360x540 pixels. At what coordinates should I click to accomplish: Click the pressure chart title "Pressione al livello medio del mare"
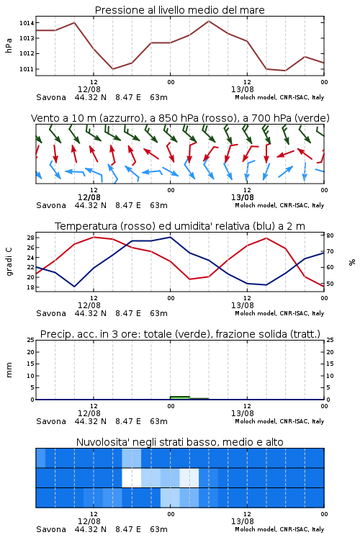click(x=179, y=10)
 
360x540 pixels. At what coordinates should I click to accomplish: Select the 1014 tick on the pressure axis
click(x=27, y=23)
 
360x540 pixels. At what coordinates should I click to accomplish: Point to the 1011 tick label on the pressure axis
click(x=27, y=69)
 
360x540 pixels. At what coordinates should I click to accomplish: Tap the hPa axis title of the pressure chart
click(x=9, y=45)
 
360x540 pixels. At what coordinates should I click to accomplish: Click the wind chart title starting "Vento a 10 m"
click(x=180, y=118)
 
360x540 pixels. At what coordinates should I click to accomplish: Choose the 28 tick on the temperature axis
click(x=30, y=238)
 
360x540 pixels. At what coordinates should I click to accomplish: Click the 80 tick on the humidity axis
click(x=330, y=235)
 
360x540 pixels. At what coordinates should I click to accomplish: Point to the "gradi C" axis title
click(x=9, y=261)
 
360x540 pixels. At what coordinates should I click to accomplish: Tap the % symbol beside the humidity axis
click(x=352, y=262)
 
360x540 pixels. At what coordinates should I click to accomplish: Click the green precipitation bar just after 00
click(x=180, y=397)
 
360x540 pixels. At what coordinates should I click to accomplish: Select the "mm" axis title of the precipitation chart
click(x=9, y=370)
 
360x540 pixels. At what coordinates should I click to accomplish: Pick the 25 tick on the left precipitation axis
click(x=30, y=340)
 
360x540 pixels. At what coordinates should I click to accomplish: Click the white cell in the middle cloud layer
click(x=132, y=477)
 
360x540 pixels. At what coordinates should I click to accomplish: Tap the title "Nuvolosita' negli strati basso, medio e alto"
click(x=179, y=442)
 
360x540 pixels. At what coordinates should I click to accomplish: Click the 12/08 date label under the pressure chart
click(x=89, y=89)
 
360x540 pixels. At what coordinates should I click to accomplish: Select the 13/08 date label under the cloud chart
click(x=243, y=521)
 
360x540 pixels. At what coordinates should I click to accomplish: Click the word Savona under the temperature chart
click(x=51, y=313)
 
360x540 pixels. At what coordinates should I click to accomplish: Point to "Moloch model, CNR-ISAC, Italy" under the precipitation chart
click(x=279, y=421)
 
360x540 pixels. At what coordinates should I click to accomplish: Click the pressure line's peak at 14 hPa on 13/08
click(x=209, y=22)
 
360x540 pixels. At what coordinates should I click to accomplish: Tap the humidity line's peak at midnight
click(x=170, y=237)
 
